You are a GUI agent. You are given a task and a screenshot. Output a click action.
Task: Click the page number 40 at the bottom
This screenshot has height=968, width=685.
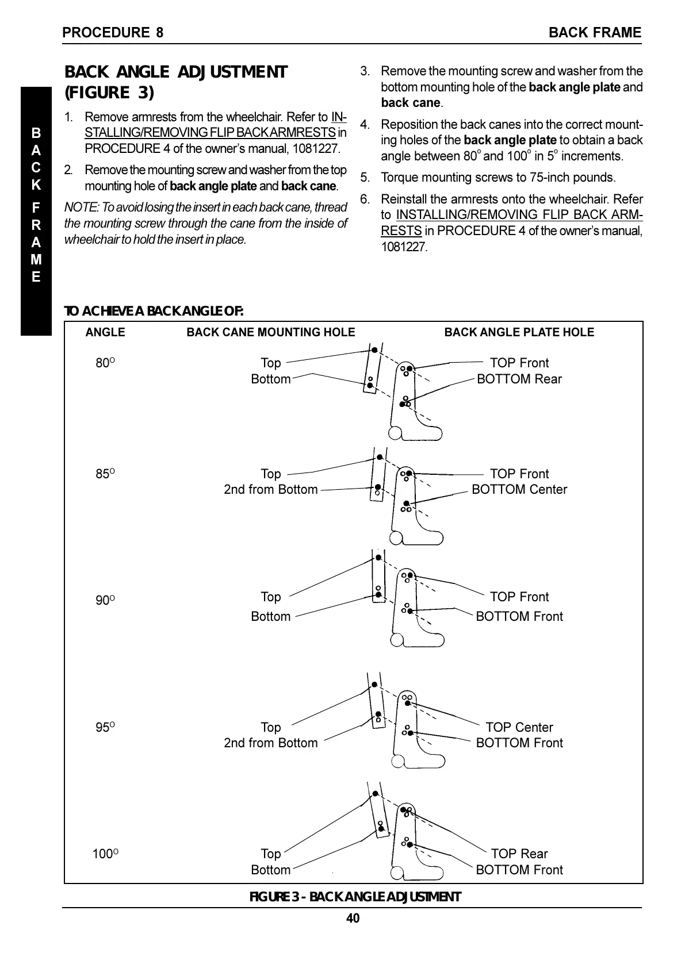353,919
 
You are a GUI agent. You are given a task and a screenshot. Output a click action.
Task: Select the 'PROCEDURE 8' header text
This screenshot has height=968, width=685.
113,33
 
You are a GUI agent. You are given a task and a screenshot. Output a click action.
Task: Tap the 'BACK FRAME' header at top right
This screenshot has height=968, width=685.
594,33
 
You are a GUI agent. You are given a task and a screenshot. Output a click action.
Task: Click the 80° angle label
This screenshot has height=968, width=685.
105,363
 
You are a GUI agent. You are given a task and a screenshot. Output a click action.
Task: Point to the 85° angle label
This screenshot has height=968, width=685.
105,474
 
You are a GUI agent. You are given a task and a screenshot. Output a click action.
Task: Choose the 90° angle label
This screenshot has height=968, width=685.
105,600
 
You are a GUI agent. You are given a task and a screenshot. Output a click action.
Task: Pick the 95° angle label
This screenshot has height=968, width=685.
105,728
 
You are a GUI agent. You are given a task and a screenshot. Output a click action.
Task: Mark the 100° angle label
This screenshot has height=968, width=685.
105,854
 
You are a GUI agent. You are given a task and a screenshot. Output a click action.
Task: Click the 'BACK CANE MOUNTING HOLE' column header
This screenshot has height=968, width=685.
271,332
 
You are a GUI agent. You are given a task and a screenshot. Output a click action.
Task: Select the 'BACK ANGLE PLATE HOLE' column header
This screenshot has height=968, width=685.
519,332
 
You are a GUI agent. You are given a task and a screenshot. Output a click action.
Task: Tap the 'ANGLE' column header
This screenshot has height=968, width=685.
105,332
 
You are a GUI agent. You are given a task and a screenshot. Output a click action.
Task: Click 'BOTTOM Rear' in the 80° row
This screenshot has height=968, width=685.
519,379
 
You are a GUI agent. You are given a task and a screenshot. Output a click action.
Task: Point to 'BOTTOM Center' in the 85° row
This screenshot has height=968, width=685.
519,490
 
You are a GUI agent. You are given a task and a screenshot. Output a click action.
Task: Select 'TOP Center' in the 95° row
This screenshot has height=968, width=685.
519,728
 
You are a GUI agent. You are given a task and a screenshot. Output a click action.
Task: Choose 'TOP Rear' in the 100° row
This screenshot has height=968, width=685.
519,854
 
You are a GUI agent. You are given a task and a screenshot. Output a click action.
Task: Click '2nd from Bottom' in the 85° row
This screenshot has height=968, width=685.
270,490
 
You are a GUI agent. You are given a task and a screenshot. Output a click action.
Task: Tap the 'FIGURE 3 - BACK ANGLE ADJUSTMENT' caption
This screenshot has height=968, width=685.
355,897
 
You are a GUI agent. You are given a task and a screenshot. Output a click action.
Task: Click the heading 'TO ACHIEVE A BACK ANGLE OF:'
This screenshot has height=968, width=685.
154,312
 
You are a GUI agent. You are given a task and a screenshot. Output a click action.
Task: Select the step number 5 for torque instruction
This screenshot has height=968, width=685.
364,178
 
